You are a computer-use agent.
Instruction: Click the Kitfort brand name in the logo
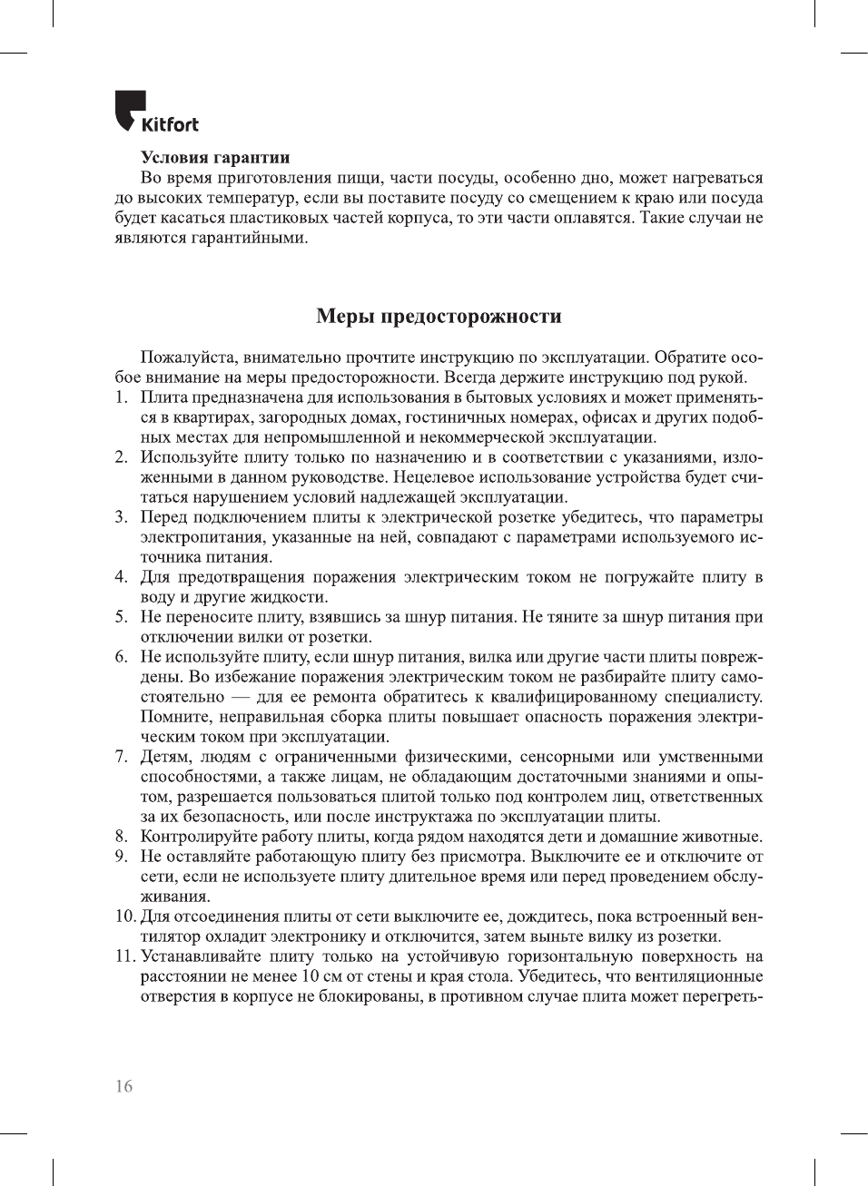pos(170,124)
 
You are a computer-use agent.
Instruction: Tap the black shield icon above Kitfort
pos(130,106)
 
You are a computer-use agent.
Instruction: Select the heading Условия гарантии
pos(215,158)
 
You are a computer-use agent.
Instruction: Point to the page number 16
pos(123,1086)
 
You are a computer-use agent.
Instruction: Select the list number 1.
pos(120,397)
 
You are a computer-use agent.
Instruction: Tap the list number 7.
pos(120,757)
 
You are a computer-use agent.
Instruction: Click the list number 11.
pos(124,956)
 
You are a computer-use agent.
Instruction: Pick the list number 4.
pos(120,577)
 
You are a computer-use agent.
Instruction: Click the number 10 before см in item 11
pos(310,976)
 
